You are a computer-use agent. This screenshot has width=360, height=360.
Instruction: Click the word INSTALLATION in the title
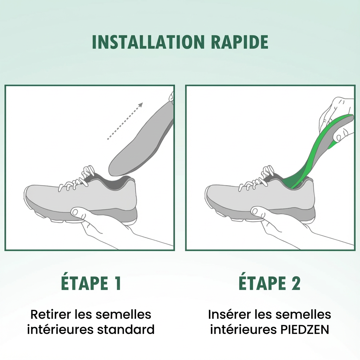tap(148, 42)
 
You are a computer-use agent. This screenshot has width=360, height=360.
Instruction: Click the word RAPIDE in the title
tap(240, 42)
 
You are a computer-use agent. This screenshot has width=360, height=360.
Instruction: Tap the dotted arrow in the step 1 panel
tap(125, 121)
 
